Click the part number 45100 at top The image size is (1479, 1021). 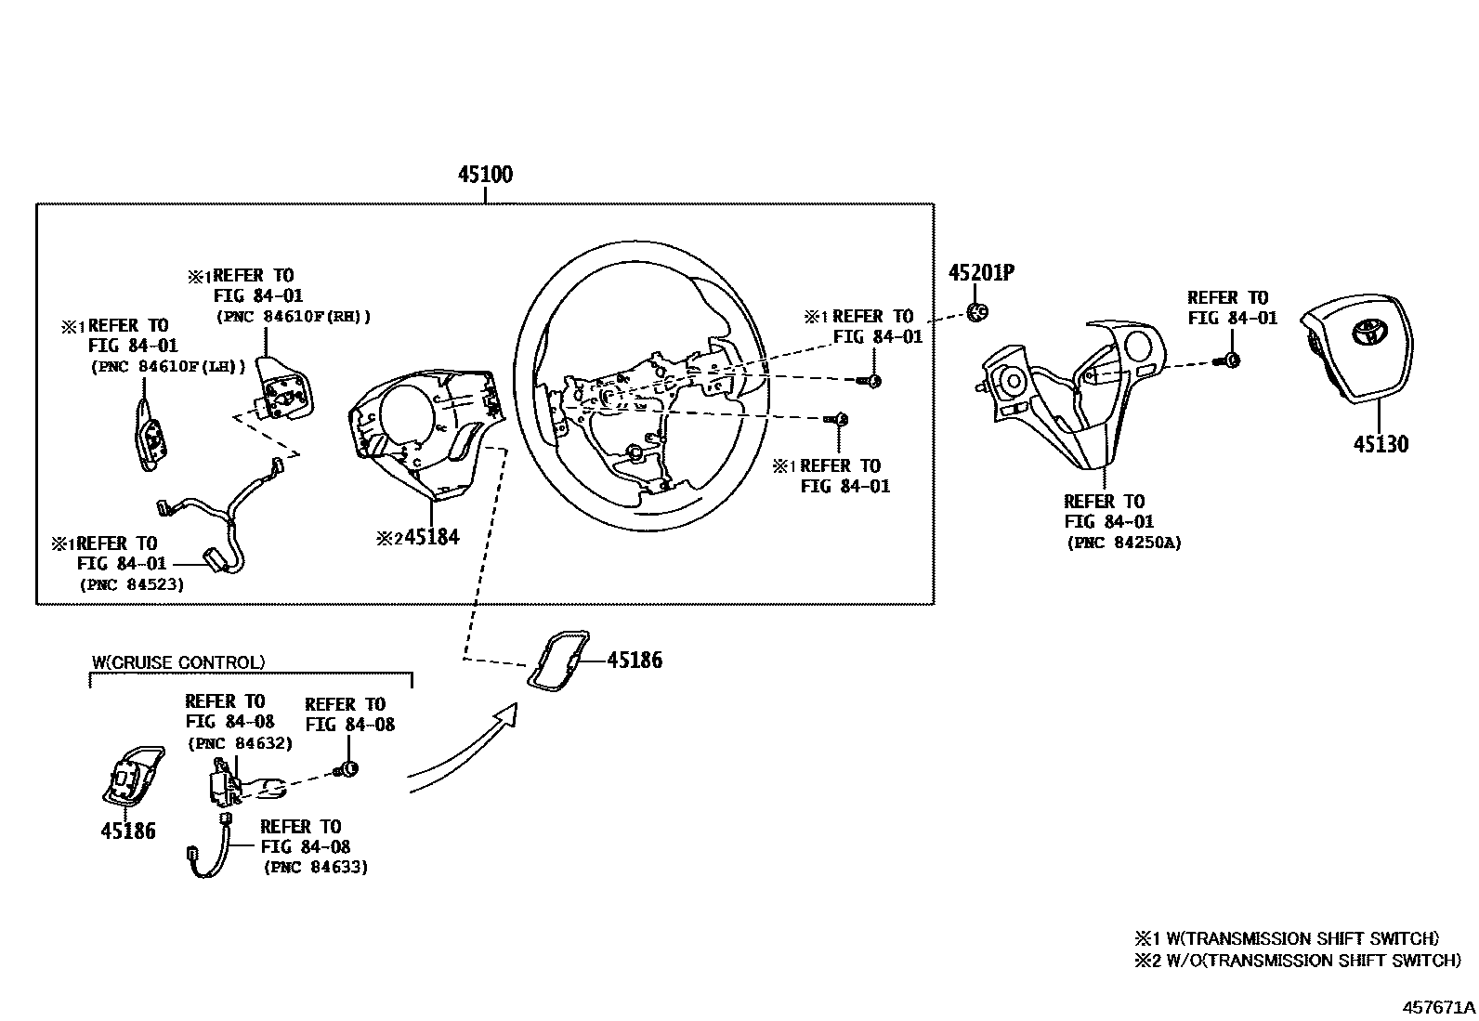pyautogui.click(x=485, y=175)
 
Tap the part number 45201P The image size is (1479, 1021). pyautogui.click(x=980, y=273)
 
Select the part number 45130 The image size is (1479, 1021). pyautogui.click(x=1380, y=444)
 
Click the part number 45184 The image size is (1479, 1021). pyautogui.click(x=430, y=537)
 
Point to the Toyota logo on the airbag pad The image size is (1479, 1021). pyautogui.click(x=1368, y=330)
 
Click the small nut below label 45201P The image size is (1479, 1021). pyautogui.click(x=975, y=311)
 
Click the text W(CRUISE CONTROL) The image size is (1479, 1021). pyautogui.click(x=178, y=662)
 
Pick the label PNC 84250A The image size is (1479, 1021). pyautogui.click(x=1123, y=543)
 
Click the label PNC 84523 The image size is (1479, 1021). pyautogui.click(x=131, y=584)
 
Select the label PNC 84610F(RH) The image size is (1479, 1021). pyautogui.click(x=294, y=317)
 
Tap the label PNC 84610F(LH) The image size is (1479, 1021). pyautogui.click(x=168, y=366)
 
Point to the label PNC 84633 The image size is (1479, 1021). pyautogui.click(x=315, y=867)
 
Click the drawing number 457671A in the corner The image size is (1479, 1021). pyautogui.click(x=1438, y=1007)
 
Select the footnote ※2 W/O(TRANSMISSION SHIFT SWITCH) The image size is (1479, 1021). pyautogui.click(x=1296, y=961)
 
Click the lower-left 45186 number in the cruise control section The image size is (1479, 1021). pyautogui.click(x=128, y=831)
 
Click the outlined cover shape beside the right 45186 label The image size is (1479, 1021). pyautogui.click(x=559, y=662)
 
